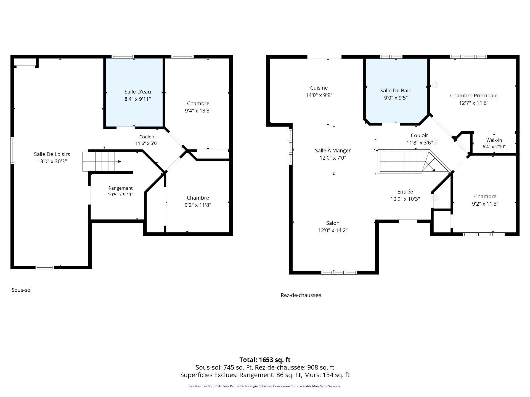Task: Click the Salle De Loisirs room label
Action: coord(52,154)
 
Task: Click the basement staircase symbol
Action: coord(102,162)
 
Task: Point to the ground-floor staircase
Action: coord(414,162)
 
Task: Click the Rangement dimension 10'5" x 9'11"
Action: coord(121,195)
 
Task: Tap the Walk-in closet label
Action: coord(494,140)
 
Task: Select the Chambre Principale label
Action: coord(474,95)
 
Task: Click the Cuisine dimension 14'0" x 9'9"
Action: coord(319,95)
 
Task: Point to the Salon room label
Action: coord(333,223)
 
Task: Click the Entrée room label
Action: coord(405,191)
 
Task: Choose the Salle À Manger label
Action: coord(333,150)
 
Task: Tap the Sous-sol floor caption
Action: coord(22,290)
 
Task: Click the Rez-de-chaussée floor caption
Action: coord(301,295)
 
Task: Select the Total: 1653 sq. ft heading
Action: coord(265,360)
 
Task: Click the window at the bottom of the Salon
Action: coord(339,273)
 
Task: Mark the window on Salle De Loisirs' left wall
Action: coord(12,151)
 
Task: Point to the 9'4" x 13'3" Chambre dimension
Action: coord(198,111)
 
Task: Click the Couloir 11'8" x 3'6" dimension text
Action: coord(419,143)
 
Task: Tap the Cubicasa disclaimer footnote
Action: coord(265,386)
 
